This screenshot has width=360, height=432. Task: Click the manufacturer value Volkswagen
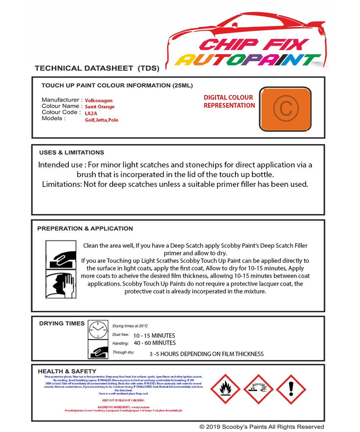[x=99, y=101]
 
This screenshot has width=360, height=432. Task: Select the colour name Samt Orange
[x=100, y=107]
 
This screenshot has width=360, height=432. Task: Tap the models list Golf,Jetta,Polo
[x=101, y=120]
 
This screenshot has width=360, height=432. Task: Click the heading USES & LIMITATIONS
[x=71, y=153]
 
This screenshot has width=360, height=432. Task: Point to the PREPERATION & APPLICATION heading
[x=85, y=229]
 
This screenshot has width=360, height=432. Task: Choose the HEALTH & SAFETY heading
[x=67, y=371]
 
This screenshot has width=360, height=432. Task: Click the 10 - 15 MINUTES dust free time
[x=154, y=336]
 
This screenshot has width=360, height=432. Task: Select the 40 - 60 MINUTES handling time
[x=154, y=343]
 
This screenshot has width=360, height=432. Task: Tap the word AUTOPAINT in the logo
[x=248, y=59]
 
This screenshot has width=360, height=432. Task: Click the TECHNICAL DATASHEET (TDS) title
[x=97, y=68]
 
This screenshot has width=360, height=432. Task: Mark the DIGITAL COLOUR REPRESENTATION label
[x=229, y=101]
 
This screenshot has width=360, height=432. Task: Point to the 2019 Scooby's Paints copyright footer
[x=262, y=427]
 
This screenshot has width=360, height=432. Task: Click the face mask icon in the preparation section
[x=60, y=285]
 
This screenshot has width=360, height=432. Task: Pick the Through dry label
[x=123, y=352]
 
